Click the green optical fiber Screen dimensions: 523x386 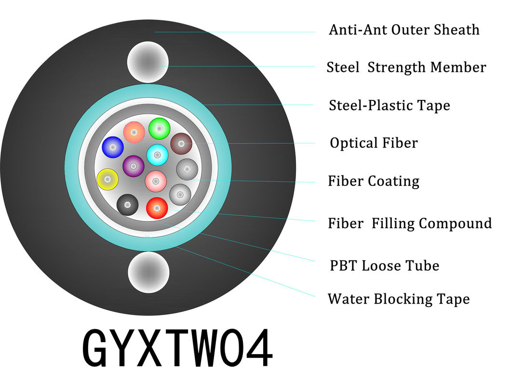(160, 128)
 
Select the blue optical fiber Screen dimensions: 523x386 (113, 147)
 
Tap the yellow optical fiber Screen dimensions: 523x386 (107, 179)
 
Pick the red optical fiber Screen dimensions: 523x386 (157, 208)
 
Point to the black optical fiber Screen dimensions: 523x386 (127, 205)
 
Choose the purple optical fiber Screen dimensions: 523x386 (134, 166)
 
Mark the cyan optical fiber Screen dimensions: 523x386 (158, 155)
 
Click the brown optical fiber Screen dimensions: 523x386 (181, 144)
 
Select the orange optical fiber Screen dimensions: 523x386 (134, 132)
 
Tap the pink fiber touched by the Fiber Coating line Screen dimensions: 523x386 (156, 181)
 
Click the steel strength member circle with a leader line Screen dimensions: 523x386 (148, 62)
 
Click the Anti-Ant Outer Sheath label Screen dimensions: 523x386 (404, 30)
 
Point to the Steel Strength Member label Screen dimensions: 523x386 (406, 67)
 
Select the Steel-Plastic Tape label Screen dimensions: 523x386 (389, 105)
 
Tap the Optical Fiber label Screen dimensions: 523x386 (374, 143)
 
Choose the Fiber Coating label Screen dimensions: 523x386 (374, 181)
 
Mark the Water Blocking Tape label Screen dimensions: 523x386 (399, 299)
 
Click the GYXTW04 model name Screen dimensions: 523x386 (178, 347)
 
